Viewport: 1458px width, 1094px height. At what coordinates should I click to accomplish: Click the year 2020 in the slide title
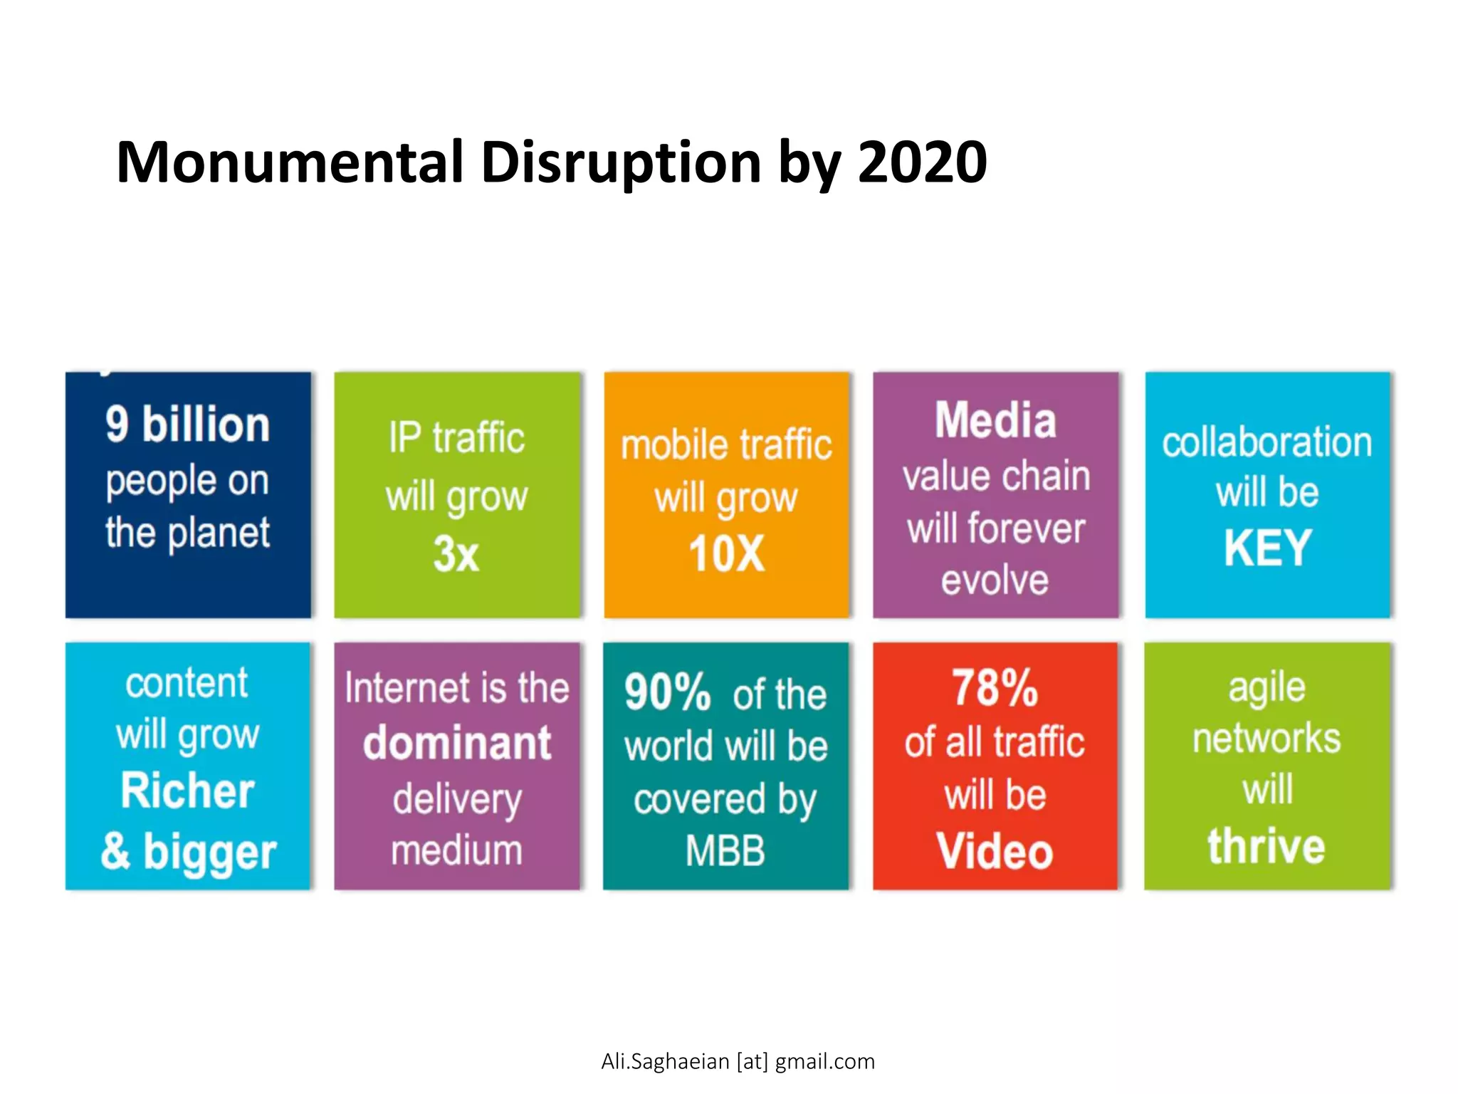click(x=922, y=162)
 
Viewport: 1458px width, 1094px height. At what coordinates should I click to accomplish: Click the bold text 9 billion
click(x=188, y=424)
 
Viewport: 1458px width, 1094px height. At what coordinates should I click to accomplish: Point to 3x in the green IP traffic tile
click(x=456, y=554)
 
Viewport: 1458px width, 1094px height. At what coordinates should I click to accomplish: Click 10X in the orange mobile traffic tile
click(x=726, y=554)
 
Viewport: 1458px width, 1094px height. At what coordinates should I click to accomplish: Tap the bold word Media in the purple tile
click(x=995, y=420)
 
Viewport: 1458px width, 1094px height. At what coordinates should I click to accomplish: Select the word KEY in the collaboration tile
click(x=1267, y=548)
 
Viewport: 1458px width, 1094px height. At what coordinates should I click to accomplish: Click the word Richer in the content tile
click(x=188, y=791)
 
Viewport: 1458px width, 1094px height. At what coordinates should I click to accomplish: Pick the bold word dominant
click(x=457, y=744)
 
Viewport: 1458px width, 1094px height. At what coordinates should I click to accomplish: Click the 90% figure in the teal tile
click(x=667, y=692)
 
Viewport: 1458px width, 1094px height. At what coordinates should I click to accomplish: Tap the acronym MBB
click(x=725, y=850)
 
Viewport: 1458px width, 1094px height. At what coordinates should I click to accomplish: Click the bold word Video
click(x=995, y=851)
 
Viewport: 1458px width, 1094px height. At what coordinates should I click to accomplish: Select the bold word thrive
click(x=1266, y=846)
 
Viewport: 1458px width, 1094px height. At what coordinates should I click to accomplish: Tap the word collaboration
click(x=1267, y=442)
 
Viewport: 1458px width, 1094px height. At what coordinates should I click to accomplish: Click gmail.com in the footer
click(x=824, y=1062)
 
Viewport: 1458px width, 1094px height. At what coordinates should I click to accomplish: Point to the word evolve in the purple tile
click(x=995, y=580)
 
